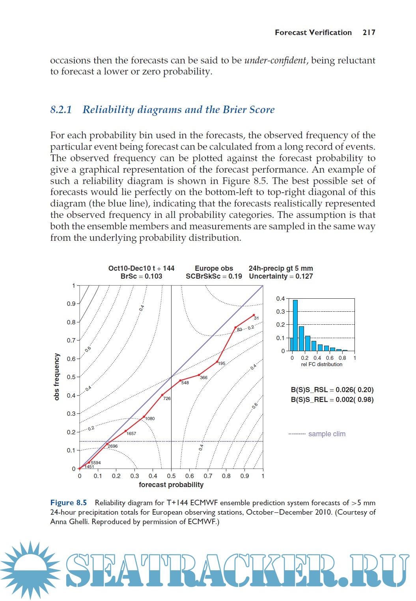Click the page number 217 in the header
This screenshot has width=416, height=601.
(369, 33)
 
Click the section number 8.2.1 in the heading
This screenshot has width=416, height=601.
(61, 110)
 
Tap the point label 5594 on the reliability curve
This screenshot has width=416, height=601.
(96, 463)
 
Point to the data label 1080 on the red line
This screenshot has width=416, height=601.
(150, 419)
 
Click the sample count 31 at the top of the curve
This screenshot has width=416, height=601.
(256, 318)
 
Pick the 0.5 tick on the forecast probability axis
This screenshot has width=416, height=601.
(171, 476)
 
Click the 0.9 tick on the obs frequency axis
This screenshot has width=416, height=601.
(71, 304)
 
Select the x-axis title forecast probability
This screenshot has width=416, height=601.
(171, 485)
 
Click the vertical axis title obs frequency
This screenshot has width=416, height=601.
(57, 377)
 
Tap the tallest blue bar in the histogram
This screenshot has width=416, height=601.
(295, 326)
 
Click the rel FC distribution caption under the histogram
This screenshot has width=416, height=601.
(321, 365)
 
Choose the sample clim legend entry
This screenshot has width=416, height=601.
(326, 434)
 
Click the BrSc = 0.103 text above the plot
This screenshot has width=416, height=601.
(141, 276)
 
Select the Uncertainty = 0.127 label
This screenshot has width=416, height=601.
(281, 276)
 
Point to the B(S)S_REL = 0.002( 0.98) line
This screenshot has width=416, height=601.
(332, 400)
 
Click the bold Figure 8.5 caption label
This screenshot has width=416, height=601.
(68, 503)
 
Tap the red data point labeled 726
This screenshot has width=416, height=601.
(162, 395)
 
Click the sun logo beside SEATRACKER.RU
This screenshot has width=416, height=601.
(30, 570)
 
